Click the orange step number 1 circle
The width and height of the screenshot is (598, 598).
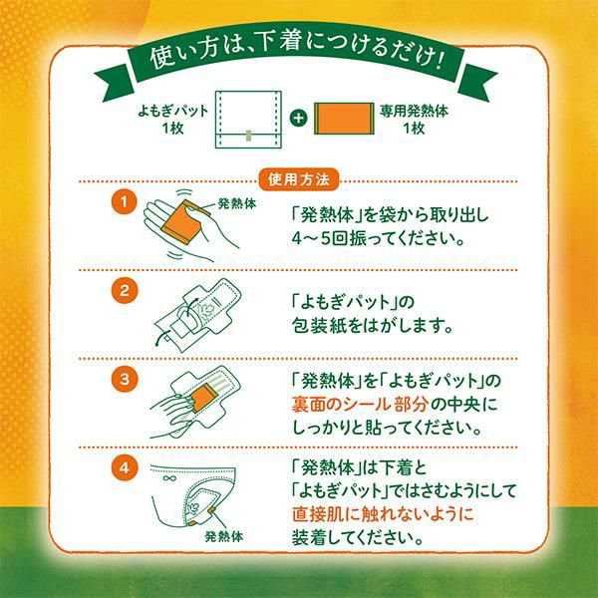click(124, 201)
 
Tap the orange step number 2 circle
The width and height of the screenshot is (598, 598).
click(124, 291)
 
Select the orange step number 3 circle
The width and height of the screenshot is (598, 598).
click(124, 379)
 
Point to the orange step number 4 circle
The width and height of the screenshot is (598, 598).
click(124, 467)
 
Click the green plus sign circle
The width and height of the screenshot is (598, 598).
click(298, 118)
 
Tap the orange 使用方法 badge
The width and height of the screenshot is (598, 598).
click(299, 179)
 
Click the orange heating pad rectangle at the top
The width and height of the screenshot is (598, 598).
click(344, 119)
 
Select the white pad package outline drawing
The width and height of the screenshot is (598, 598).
click(248, 120)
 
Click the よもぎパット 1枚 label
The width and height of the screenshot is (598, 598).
click(173, 120)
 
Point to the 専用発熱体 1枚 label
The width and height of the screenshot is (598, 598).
click(414, 120)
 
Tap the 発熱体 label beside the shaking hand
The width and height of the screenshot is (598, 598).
click(237, 203)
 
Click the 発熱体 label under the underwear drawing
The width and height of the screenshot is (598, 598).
click(224, 536)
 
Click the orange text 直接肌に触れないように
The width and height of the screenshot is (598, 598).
click(383, 514)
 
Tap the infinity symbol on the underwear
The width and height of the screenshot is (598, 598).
click(168, 478)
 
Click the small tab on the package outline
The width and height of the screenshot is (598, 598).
click(248, 135)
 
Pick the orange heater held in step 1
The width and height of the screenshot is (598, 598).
click(182, 223)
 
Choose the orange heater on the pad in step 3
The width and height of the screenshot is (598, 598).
click(203, 399)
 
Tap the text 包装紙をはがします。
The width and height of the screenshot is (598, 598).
click(373, 325)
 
